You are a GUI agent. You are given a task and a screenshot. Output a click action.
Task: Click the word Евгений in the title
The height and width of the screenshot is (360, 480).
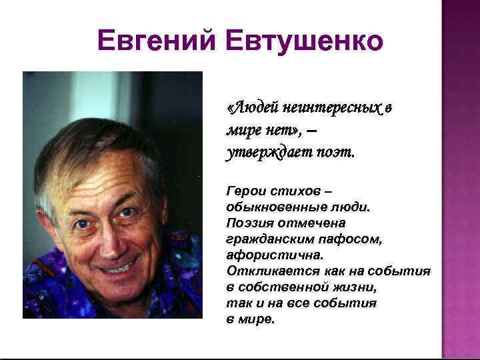click(x=155, y=41)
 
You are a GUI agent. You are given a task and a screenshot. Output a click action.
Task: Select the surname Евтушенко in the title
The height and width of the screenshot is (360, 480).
click(x=305, y=41)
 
